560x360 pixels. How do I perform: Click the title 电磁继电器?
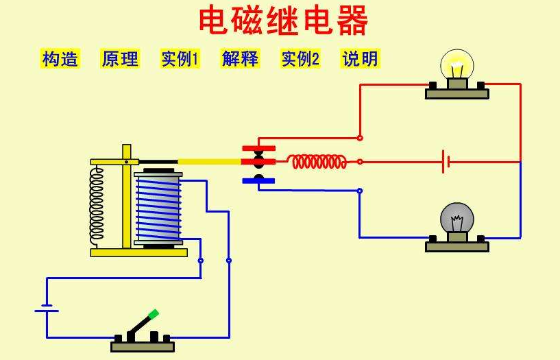click(283, 21)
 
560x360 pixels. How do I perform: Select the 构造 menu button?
click(60, 59)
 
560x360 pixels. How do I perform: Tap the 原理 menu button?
click(120, 59)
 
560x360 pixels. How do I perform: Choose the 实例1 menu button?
click(180, 59)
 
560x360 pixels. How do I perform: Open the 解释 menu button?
click(240, 59)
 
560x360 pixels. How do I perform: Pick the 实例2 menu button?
click(300, 59)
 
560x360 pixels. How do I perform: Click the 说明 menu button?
click(360, 59)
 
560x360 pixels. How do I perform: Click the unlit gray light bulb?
click(456, 218)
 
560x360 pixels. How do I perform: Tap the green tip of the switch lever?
click(154, 314)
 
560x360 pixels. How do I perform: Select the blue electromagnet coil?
click(158, 208)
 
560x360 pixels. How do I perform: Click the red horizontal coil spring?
click(317, 162)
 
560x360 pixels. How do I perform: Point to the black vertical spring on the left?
click(97, 206)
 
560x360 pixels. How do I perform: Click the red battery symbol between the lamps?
click(446, 162)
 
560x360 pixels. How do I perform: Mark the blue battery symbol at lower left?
click(47, 308)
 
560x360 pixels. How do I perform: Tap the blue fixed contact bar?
click(258, 181)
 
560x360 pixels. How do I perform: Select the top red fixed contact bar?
click(258, 148)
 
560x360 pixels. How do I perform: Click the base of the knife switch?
click(143, 345)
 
